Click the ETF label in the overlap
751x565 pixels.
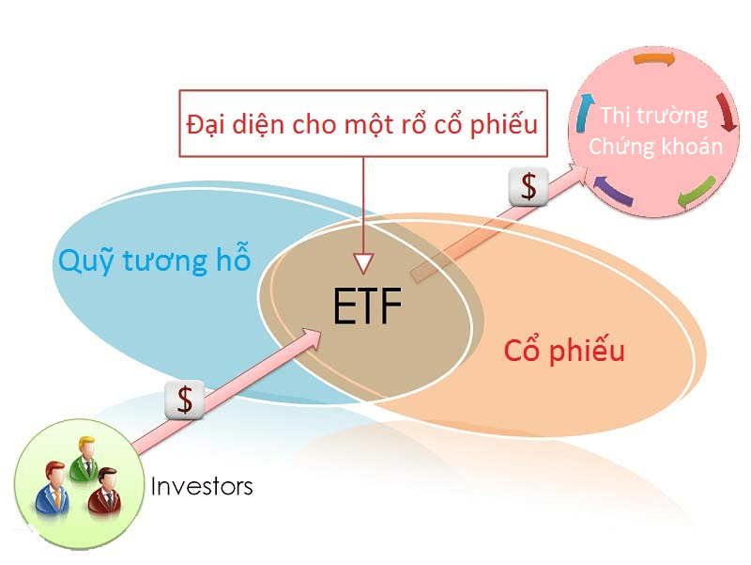coord(367,306)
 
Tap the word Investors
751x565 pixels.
coord(202,487)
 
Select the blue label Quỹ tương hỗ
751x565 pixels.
coord(155,260)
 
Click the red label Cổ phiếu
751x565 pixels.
coord(564,352)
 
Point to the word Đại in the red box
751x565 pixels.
coord(208,124)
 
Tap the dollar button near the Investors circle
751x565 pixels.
coord(185,400)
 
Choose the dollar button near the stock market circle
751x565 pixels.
coord(529,187)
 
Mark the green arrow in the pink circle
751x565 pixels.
coord(696,192)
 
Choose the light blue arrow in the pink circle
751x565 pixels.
coord(586,113)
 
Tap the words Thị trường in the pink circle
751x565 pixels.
coord(655,117)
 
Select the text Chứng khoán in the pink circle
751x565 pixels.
coord(656,147)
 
